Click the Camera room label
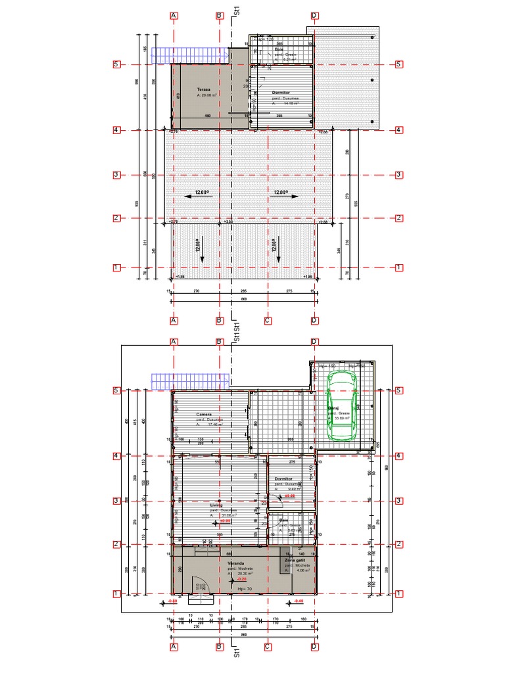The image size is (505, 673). click(x=204, y=415)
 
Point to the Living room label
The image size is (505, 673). click(x=216, y=505)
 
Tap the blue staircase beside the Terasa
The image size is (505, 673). click(x=189, y=55)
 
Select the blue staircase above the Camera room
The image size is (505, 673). click(x=189, y=381)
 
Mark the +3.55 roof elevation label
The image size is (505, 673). click(x=228, y=221)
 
